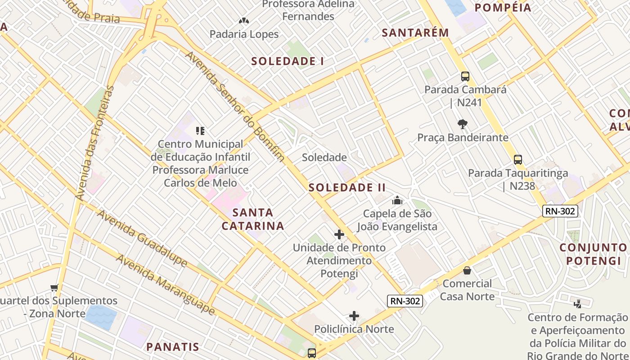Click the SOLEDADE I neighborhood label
288,61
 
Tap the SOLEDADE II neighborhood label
347,188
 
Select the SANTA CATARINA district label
253,219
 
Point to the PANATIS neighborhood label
172,346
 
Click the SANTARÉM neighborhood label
415,32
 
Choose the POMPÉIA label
503,7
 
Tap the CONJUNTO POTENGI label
593,254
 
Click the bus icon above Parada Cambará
465,76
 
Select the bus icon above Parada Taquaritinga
518,160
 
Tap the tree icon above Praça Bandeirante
462,124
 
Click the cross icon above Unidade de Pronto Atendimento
339,234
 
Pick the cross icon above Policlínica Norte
354,316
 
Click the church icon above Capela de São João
397,200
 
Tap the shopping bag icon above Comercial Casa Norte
467,270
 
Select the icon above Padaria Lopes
244,21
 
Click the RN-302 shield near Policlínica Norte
405,301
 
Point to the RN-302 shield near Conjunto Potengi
560,211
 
